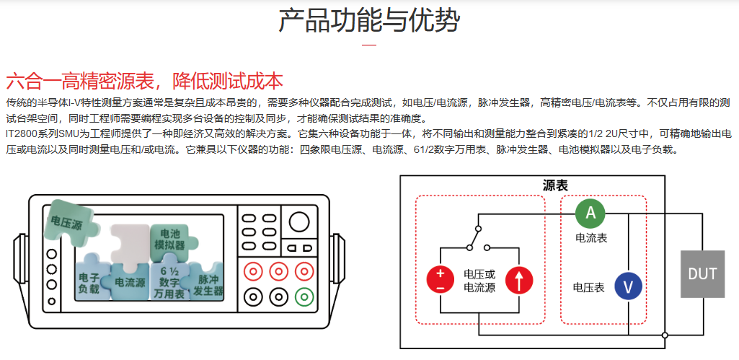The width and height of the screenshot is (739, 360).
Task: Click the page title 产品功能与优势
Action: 369,22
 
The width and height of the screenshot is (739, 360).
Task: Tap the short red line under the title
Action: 369,45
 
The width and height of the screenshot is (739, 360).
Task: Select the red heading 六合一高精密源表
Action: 144,80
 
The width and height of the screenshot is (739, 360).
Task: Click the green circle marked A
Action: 590,212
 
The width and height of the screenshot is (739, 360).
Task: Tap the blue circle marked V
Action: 628,286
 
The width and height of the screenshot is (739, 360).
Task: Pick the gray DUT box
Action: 702,274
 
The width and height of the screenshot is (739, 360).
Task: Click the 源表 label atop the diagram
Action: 554,185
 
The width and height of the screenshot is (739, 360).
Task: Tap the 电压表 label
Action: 588,287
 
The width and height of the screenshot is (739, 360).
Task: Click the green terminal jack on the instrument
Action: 304,296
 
